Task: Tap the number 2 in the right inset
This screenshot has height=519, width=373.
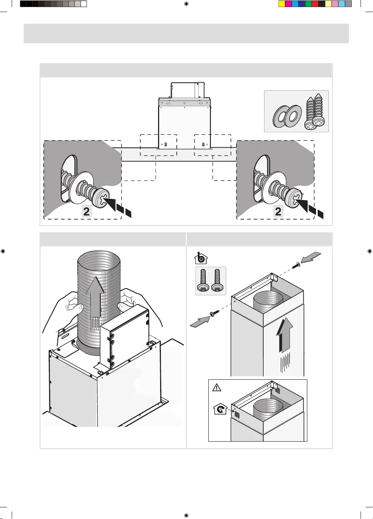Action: tap(279, 211)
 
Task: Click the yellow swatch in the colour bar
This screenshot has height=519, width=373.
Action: tap(282, 4)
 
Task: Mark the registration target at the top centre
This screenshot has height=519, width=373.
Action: tap(186, 4)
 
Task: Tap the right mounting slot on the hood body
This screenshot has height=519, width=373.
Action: tap(203, 144)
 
